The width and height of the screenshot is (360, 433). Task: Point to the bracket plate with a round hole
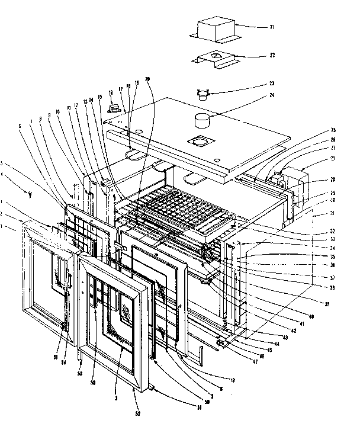(217, 59)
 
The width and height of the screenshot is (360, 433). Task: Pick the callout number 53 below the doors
(79, 374)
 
